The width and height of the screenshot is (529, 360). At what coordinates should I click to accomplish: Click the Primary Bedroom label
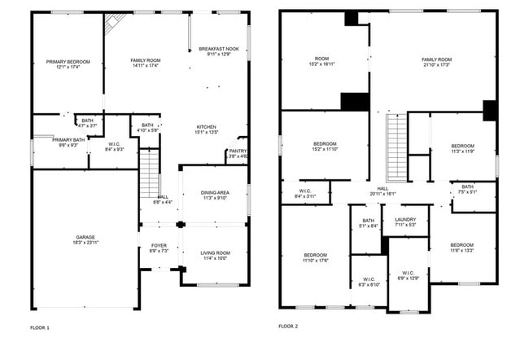[x=68, y=65]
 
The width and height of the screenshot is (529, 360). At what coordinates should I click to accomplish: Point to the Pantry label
[x=238, y=153]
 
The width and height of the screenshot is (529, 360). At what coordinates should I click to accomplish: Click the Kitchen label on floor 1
[x=206, y=131]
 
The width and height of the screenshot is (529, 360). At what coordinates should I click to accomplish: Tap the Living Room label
[x=215, y=257]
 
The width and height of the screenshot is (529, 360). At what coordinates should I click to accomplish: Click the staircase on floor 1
[x=149, y=173]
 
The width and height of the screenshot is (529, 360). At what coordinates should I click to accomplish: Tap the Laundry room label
[x=404, y=222]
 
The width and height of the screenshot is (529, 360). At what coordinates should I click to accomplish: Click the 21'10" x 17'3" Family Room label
[x=436, y=63]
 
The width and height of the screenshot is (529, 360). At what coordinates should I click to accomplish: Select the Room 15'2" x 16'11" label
[x=322, y=63]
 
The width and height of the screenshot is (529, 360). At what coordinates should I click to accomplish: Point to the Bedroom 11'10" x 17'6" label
[x=315, y=258]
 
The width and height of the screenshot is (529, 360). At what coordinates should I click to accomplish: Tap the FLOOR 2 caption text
[x=288, y=327]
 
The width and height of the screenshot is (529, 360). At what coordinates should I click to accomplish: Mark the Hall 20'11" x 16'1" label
[x=382, y=191]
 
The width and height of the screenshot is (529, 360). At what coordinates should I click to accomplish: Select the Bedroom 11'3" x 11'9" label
[x=462, y=149]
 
